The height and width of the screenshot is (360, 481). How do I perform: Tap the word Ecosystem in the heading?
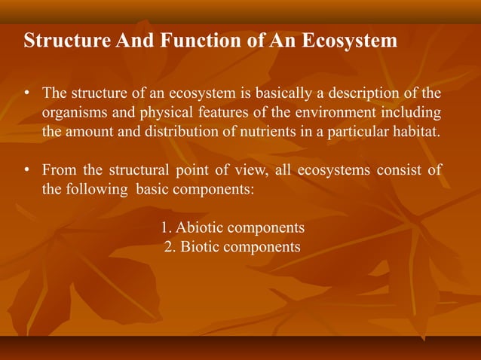coord(350,41)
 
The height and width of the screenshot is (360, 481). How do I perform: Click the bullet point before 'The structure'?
coord(26,95)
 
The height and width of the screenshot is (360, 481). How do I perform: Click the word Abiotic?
coord(201,227)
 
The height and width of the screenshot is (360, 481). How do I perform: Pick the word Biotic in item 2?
coord(204,247)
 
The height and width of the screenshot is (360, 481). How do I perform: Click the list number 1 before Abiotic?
coord(165,227)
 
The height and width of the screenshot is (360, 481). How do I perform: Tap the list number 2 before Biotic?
coord(169,247)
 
